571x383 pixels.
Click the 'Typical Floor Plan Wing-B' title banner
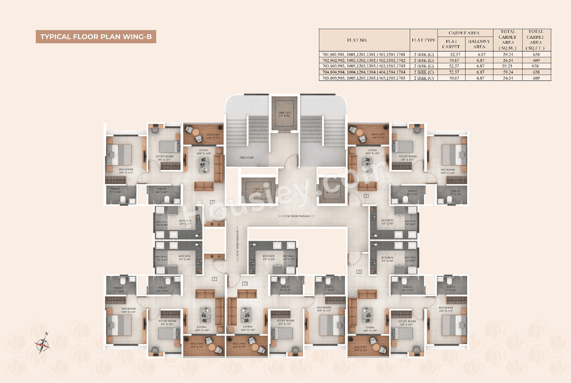[95, 37]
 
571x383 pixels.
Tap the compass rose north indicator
[43, 342]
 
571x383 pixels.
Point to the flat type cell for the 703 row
[423, 66]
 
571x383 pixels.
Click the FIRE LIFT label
[285, 113]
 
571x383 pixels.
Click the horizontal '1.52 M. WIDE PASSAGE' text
[296, 216]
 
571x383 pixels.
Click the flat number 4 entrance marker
[214, 279]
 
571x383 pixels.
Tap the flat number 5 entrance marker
[244, 283]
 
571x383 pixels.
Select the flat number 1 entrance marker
[359, 271]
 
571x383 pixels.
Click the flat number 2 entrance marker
[366, 196]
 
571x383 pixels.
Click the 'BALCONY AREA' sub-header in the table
[479, 44]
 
